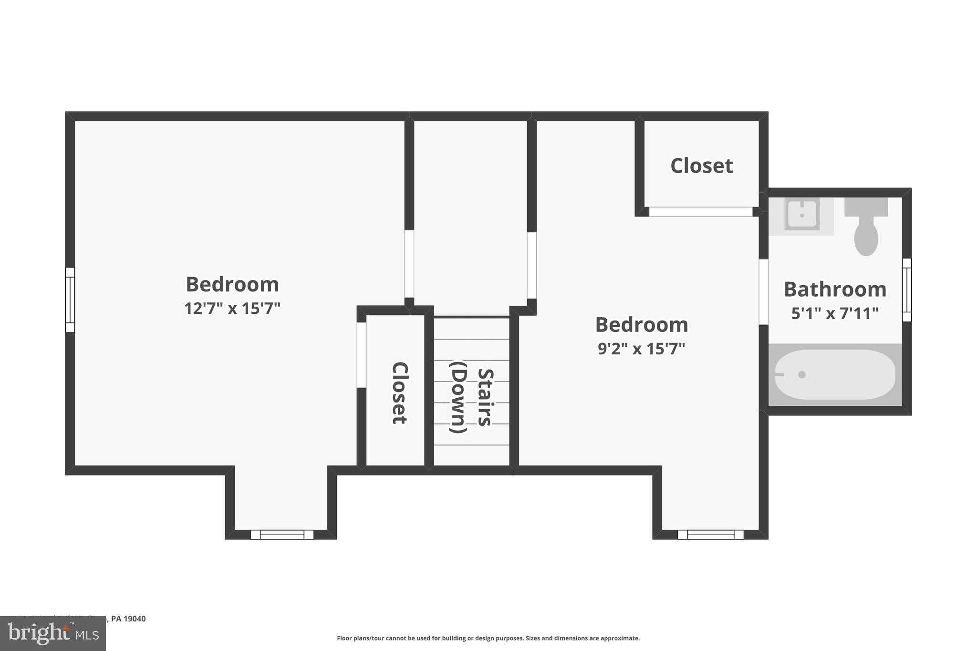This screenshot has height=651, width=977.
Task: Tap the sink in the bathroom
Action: coord(801,216)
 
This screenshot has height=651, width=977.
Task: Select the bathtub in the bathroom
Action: coord(834,375)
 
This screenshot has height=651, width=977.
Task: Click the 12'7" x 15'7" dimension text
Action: coord(232,309)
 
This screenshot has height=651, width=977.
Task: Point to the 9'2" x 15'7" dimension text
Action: coord(641,349)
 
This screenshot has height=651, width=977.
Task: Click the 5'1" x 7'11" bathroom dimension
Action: coord(834,314)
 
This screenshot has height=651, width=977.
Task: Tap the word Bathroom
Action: coord(834,289)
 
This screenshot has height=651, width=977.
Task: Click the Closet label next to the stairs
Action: coord(399,393)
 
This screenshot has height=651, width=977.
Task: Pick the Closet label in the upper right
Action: coord(701,166)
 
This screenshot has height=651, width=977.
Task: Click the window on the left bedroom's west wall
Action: coord(70,300)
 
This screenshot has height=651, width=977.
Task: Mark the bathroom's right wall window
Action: coord(906,290)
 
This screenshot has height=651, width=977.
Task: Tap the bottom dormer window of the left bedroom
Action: coord(282,535)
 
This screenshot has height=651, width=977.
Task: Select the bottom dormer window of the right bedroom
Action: coord(710,535)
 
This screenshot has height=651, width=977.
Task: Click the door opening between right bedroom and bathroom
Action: coord(763,292)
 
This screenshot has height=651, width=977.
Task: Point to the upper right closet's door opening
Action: coord(700,212)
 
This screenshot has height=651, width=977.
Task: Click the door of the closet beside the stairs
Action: coord(362,355)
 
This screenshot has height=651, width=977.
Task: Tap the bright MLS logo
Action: coord(53,634)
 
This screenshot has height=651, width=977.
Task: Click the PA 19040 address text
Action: coord(128,619)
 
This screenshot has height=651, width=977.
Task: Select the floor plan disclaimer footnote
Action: coord(488,638)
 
